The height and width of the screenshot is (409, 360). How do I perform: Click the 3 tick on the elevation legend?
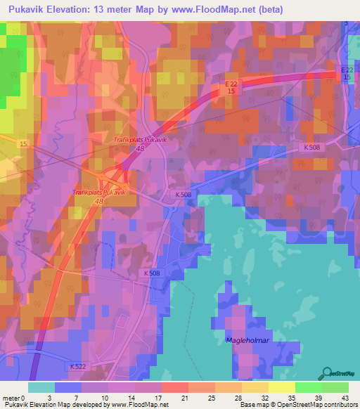(x=56, y=398)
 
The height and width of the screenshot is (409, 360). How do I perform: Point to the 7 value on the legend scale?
(x=83, y=398)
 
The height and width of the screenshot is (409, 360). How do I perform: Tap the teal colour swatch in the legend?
(x=41, y=387)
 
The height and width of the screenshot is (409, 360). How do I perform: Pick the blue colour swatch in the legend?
(x=68, y=387)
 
